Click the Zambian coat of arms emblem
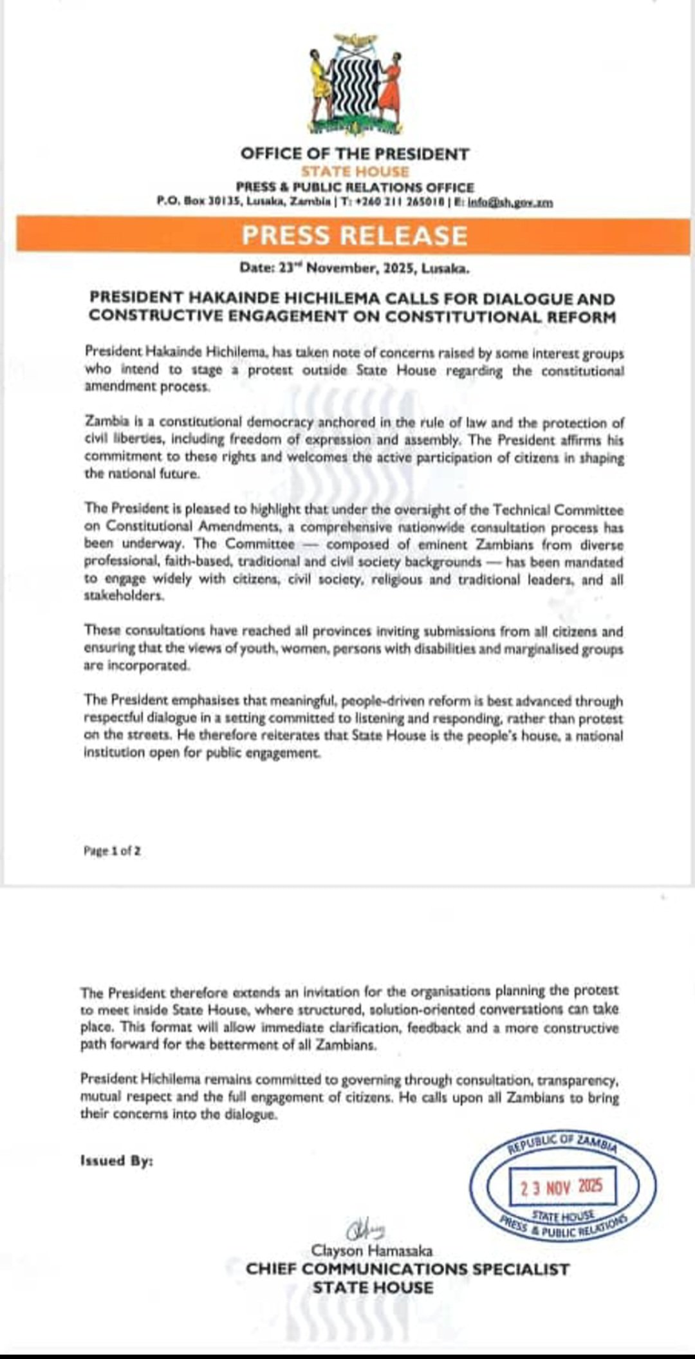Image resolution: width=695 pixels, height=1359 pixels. coord(355,84)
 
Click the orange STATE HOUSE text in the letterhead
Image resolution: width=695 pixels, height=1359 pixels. coord(355,171)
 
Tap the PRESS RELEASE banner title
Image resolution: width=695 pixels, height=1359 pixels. coord(355,235)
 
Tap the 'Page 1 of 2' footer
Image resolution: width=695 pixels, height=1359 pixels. coord(112,850)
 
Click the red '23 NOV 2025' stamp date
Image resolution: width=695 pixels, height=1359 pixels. coord(562,1187)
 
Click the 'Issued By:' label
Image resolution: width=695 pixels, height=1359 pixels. coord(116,1161)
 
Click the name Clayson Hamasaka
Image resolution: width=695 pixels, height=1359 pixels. coord(372,1251)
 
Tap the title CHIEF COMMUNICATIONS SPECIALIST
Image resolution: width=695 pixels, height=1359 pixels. coord(407,1269)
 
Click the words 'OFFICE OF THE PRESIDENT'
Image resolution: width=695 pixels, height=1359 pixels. coord(355,154)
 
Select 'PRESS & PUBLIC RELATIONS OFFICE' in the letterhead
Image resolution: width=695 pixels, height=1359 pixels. coord(355,187)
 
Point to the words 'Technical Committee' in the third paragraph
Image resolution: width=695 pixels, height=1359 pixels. coord(558,510)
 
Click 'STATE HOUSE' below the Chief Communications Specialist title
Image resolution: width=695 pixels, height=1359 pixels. coord(373,1288)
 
